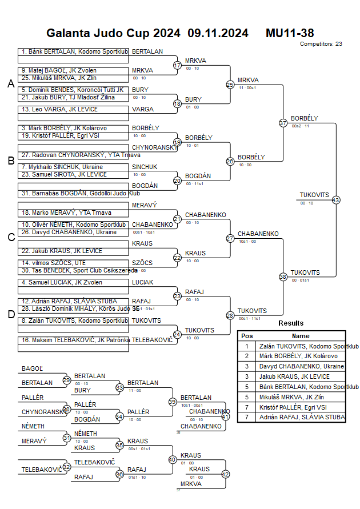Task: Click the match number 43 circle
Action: (335, 200)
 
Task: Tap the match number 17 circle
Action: (177, 65)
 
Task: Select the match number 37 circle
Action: (283, 123)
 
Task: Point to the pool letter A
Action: (10, 84)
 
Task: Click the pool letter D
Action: (10, 314)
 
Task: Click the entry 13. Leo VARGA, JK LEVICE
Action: (73, 109)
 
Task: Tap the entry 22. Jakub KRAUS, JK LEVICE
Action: (73, 251)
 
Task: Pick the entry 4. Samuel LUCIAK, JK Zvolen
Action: (73, 282)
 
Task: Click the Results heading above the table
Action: (291, 323)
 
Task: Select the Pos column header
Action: (247, 336)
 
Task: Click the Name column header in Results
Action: (301, 336)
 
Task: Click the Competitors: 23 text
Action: (321, 43)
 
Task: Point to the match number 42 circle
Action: (225, 474)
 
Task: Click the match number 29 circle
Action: (67, 380)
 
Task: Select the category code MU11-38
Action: (290, 33)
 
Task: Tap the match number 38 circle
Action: (283, 276)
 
